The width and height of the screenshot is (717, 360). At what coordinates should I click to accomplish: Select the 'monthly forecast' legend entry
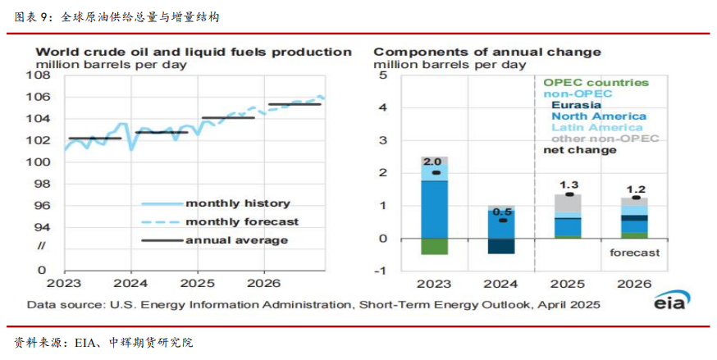tap(242, 221)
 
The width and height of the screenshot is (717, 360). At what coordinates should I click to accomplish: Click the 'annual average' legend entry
tap(236, 240)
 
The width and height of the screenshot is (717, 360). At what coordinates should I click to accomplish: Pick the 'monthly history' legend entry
tap(238, 203)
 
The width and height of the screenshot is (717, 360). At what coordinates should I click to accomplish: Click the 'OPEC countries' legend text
tap(596, 83)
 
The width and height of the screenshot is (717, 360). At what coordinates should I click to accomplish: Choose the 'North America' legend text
tap(597, 116)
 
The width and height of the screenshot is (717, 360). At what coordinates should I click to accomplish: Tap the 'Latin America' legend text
tap(596, 127)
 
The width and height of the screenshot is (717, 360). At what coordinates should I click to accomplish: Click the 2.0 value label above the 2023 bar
tap(433, 162)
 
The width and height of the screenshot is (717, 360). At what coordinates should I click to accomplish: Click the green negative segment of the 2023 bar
tap(434, 247)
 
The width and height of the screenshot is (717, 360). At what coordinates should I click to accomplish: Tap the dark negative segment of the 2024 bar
tap(501, 246)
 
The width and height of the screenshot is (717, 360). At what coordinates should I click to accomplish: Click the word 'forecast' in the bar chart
tap(634, 253)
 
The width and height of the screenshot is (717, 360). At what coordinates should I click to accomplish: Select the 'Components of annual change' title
tap(487, 52)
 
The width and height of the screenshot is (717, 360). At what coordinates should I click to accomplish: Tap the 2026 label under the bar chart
tap(634, 284)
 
